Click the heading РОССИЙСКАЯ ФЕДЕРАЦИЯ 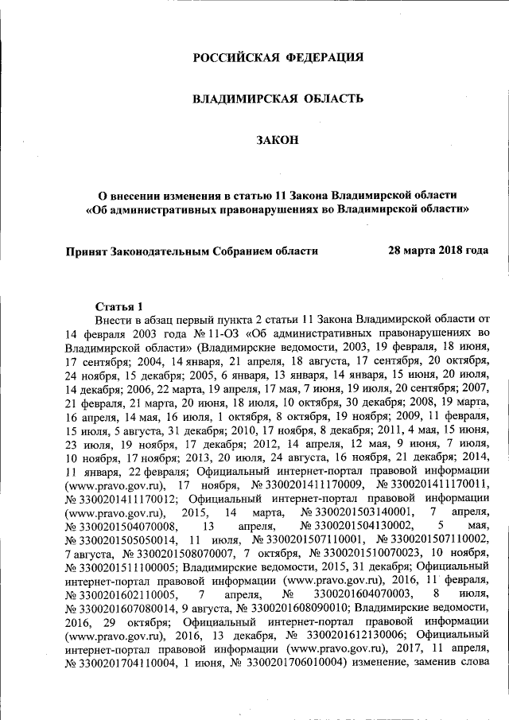tap(279, 57)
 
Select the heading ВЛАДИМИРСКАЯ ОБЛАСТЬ tap(279, 99)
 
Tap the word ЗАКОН tap(278, 140)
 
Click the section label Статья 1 tap(119, 306)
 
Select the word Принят tap(88, 250)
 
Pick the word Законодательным tap(164, 250)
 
